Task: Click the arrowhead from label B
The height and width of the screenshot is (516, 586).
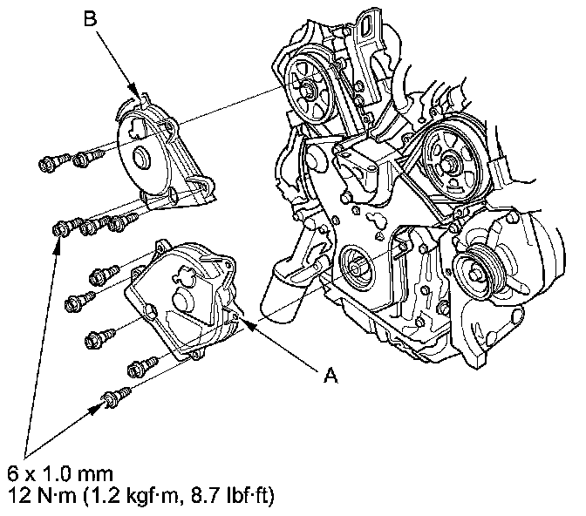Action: coord(136,94)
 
